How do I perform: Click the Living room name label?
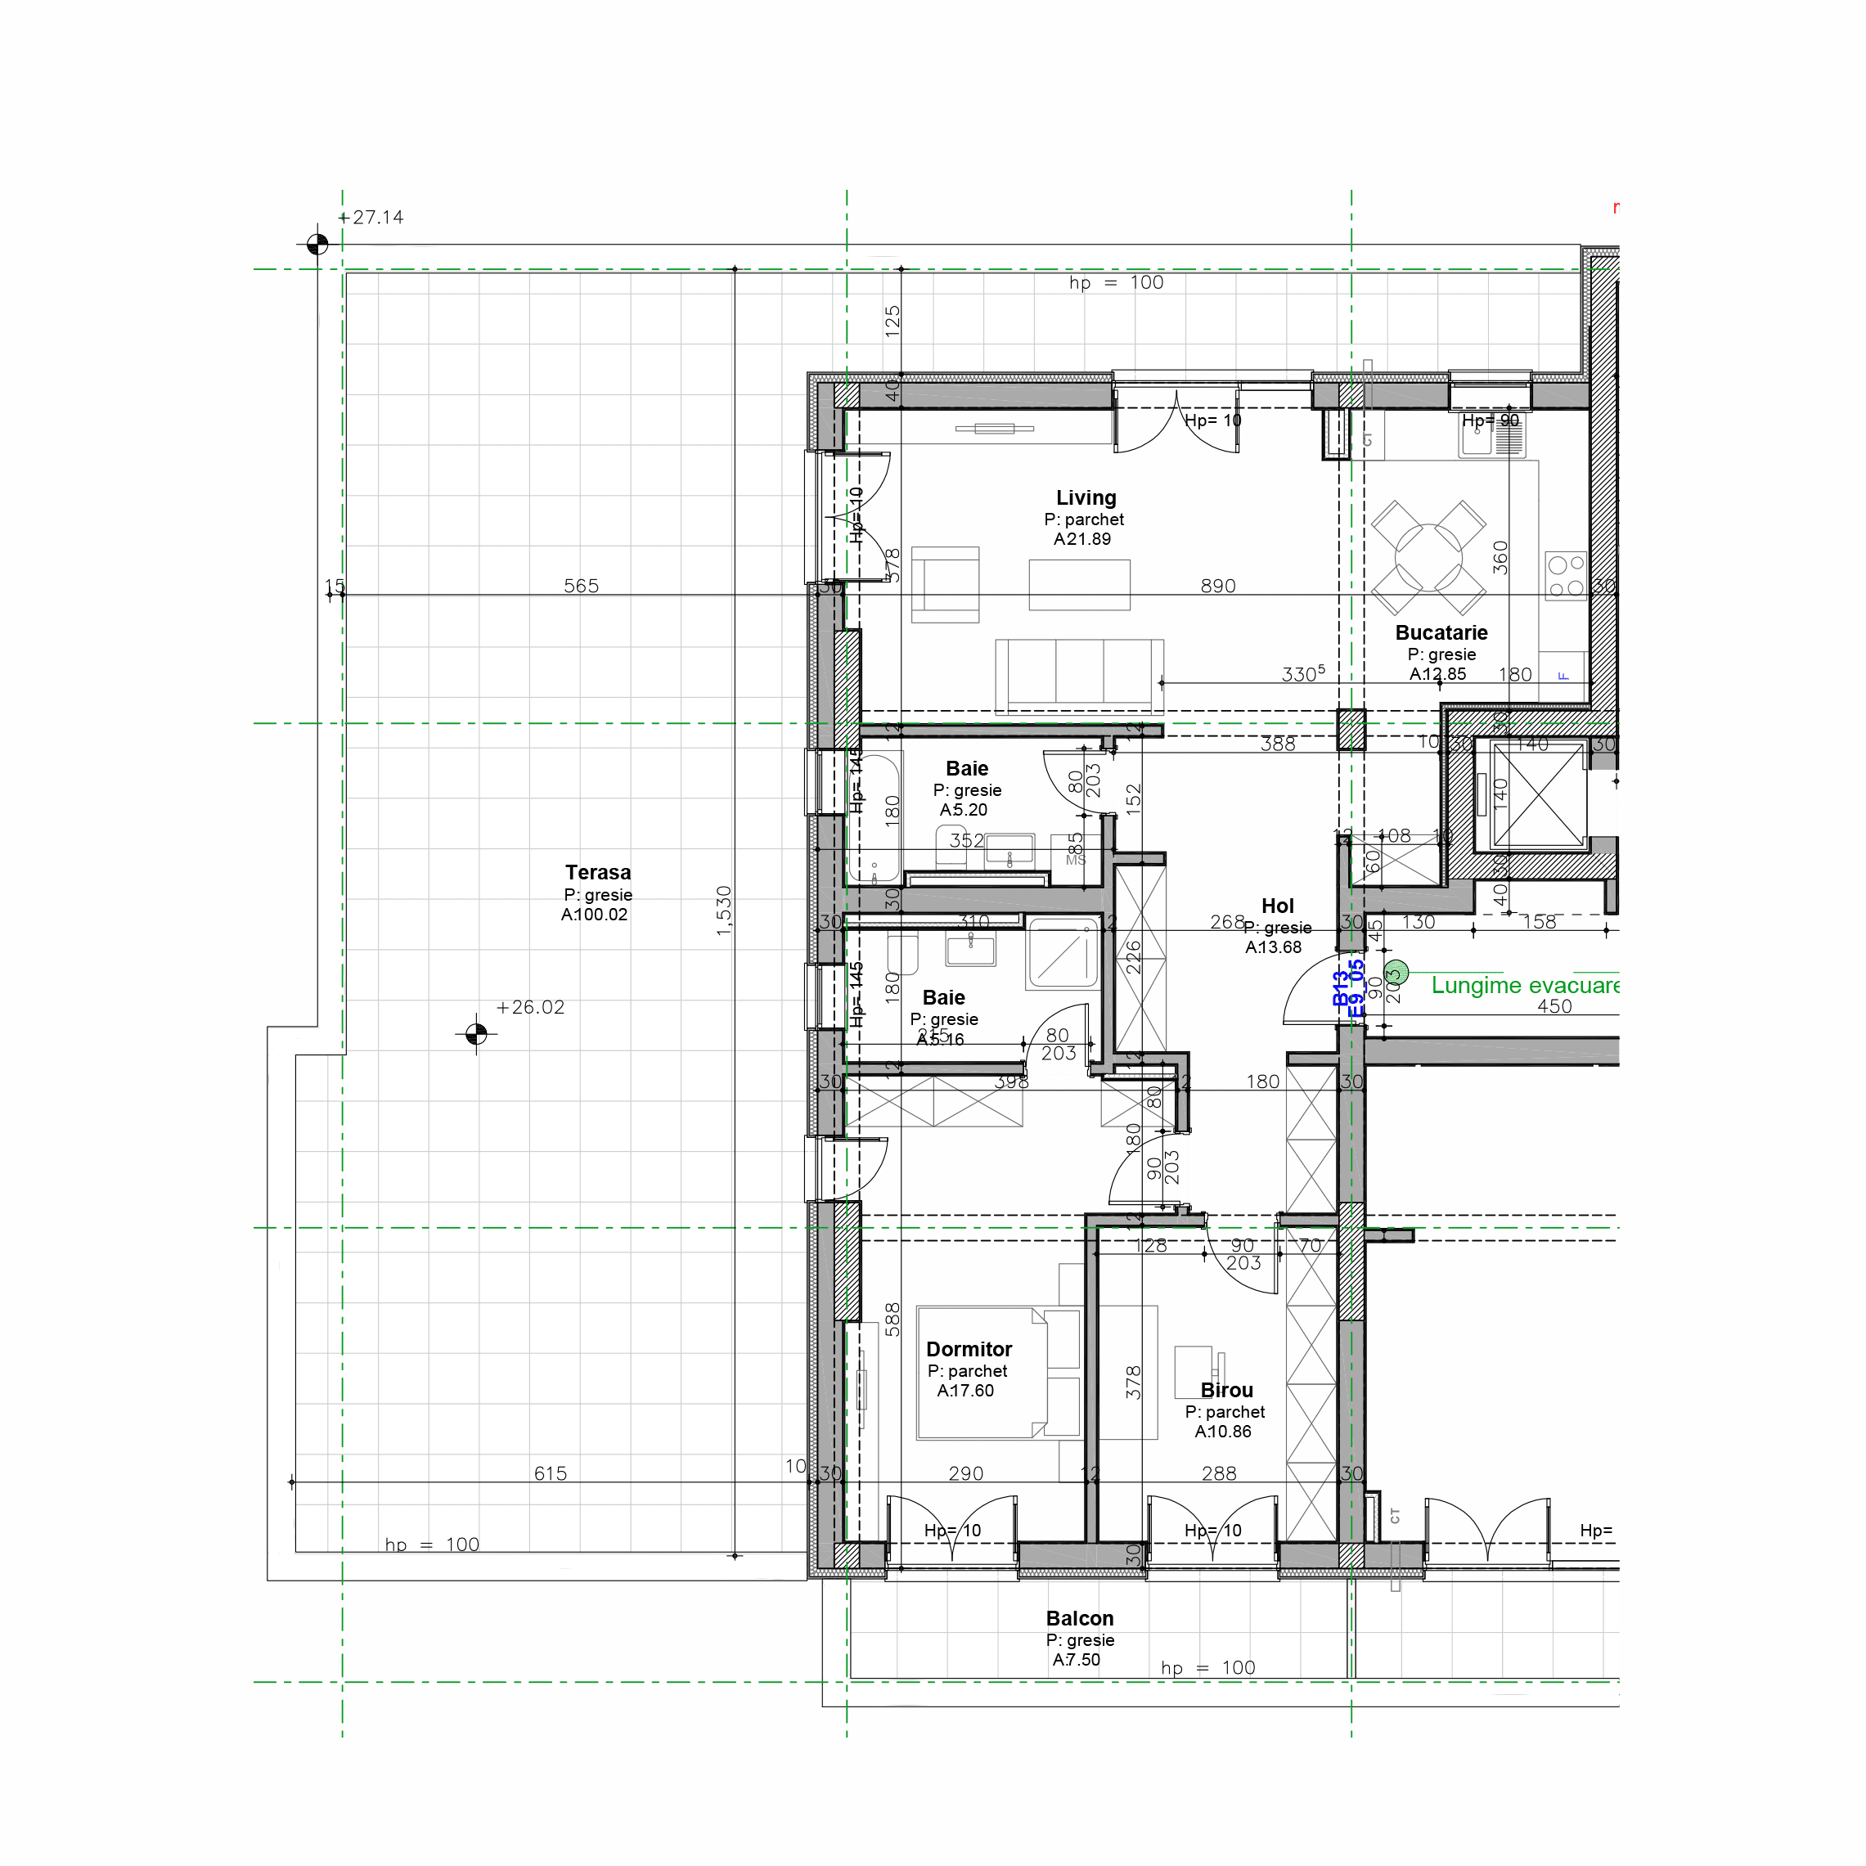coord(1086,497)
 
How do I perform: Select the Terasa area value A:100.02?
coord(594,915)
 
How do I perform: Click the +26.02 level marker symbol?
coord(476,1034)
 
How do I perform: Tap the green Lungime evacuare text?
coord(1523,985)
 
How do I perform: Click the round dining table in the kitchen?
coord(1428,557)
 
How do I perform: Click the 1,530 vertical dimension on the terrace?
coord(724,910)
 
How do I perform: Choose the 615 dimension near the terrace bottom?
coord(551,1473)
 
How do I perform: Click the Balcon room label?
coord(1079,1618)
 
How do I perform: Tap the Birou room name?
coord(1225,1390)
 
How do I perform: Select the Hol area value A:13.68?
coord(1272,947)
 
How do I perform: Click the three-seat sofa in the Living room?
coord(1079,673)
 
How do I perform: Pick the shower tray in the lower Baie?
coord(1063,953)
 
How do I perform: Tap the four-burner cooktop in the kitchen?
coord(1565,576)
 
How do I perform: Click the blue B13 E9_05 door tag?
coord(1348,989)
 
